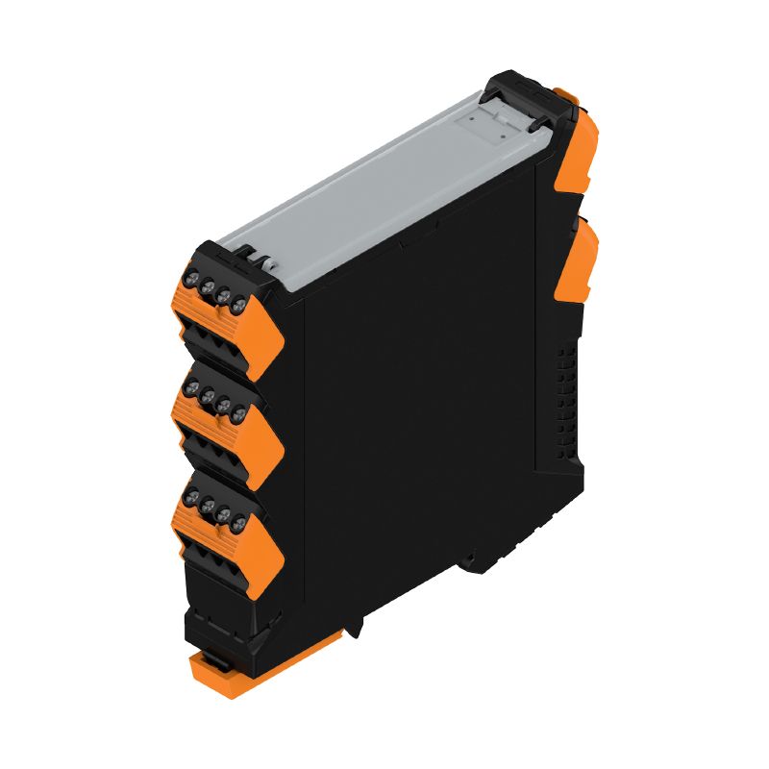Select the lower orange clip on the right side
[582, 258]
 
